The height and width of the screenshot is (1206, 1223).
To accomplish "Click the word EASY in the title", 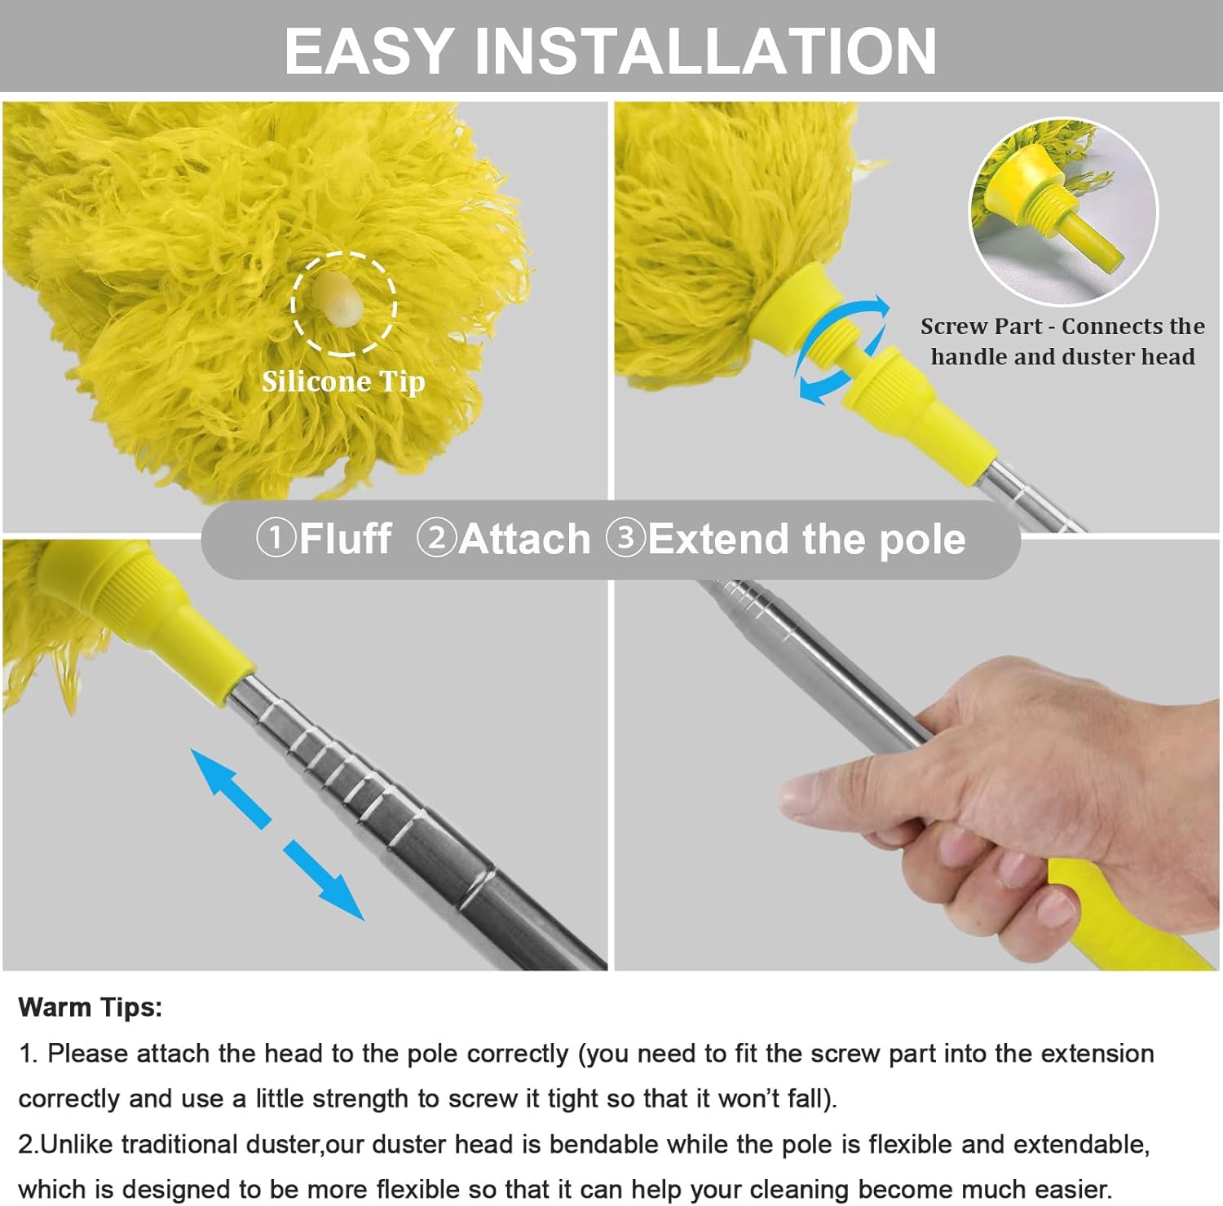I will point(369,51).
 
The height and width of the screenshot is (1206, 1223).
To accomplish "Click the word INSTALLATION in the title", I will point(705,51).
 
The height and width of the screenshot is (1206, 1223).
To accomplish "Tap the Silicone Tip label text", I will point(343,381).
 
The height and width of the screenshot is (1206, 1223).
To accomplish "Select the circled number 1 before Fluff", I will point(276,539).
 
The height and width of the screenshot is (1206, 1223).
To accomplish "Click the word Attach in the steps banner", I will point(524,539).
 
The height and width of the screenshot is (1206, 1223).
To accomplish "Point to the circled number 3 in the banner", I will point(626,539).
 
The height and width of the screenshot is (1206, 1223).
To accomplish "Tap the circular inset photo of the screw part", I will point(1063,210).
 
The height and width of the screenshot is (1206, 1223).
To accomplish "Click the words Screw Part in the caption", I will point(981,327).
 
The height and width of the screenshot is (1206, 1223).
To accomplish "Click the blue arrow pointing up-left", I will point(229,787).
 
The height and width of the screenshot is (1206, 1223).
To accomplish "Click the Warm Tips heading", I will point(91,1007).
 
